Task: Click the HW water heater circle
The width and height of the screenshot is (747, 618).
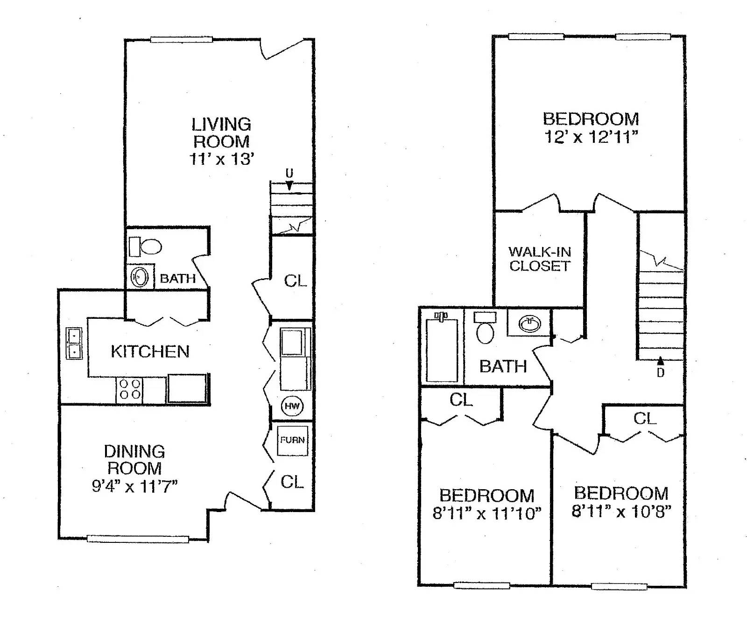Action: (292, 406)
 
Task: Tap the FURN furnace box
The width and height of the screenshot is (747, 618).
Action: (293, 440)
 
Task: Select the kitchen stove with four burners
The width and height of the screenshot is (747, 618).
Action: (130, 389)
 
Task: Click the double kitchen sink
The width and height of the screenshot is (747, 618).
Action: (74, 343)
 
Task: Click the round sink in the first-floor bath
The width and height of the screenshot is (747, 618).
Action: (139, 277)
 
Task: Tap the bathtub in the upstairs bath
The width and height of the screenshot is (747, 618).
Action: (442, 348)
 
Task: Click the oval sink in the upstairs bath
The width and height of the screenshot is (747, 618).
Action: (529, 323)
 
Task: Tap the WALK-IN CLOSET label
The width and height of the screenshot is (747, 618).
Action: (540, 259)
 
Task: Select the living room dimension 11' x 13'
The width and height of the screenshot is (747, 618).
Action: (221, 159)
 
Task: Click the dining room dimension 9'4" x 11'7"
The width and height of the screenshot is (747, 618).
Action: (134, 486)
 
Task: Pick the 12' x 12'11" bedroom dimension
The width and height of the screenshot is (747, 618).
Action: (591, 137)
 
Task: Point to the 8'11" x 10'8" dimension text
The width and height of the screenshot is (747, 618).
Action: (621, 511)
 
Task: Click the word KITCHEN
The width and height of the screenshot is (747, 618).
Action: (150, 351)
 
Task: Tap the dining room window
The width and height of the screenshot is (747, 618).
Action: (138, 539)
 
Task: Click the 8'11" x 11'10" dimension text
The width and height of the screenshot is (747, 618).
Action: (487, 513)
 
